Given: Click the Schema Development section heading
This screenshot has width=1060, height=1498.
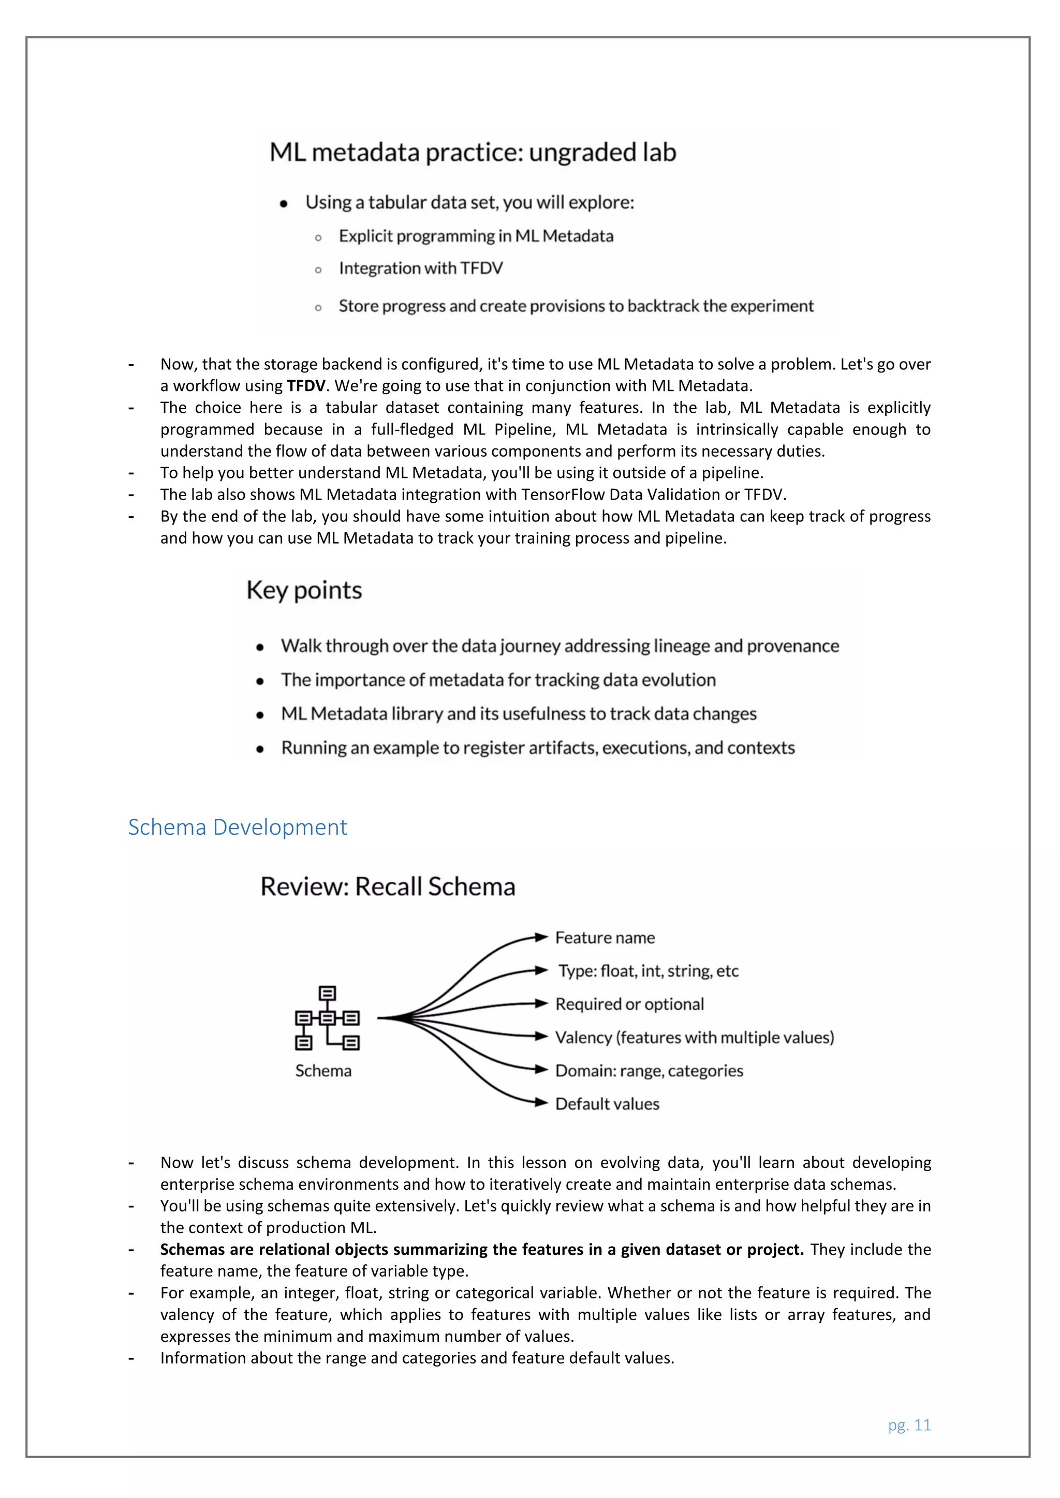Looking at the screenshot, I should pyautogui.click(x=238, y=827).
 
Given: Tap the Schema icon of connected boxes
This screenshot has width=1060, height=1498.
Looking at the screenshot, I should pyautogui.click(x=327, y=1018).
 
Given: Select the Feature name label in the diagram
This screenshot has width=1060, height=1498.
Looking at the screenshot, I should pyautogui.click(x=605, y=938).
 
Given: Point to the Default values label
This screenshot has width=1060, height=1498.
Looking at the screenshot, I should pyautogui.click(x=607, y=1104).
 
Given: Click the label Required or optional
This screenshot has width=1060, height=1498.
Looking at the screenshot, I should pyautogui.click(x=629, y=1004).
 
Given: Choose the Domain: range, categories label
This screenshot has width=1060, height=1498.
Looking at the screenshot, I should pyautogui.click(x=649, y=1071).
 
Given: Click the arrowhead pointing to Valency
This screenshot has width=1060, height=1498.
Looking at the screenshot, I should pyautogui.click(x=541, y=1037).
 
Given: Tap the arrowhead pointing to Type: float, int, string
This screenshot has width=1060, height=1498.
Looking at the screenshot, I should pyautogui.click(x=541, y=970).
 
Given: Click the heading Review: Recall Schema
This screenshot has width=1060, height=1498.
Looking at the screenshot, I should pyautogui.click(x=388, y=887).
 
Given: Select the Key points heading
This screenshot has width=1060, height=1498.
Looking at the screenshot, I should pyautogui.click(x=304, y=590).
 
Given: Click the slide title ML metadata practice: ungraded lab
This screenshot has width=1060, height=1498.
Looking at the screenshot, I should pyautogui.click(x=473, y=152).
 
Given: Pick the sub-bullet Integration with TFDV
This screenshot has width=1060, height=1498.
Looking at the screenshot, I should pyautogui.click(x=420, y=268).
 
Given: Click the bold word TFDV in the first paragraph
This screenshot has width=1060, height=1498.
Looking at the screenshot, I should pyautogui.click(x=305, y=385).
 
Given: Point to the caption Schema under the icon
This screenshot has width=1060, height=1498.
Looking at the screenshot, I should pyautogui.click(x=323, y=1071).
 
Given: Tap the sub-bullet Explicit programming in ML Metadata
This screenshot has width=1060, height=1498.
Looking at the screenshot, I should pyautogui.click(x=476, y=236).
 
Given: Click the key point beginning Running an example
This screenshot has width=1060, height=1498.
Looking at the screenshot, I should pyautogui.click(x=538, y=747).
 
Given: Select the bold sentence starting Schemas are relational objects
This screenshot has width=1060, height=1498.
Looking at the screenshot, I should pyautogui.click(x=482, y=1249).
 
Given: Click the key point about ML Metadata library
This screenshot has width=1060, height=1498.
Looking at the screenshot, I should pyautogui.click(x=518, y=714).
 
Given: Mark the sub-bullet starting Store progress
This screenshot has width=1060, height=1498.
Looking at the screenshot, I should pyautogui.click(x=576, y=306).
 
